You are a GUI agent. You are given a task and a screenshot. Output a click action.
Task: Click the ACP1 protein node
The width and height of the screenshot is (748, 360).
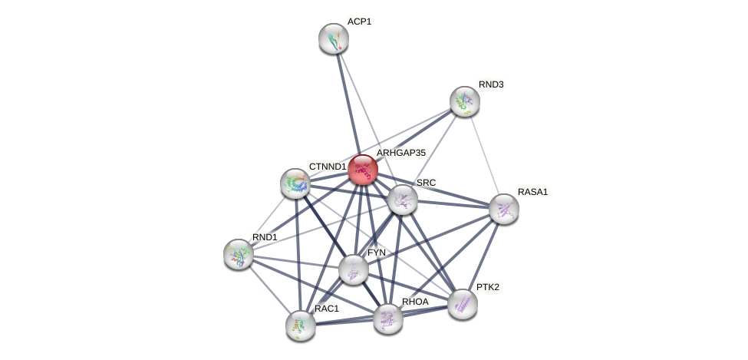(x=334, y=38)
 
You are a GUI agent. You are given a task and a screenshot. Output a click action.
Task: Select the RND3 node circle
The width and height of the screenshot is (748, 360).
(x=464, y=101)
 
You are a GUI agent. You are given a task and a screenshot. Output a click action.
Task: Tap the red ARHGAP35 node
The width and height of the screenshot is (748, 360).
(x=363, y=170)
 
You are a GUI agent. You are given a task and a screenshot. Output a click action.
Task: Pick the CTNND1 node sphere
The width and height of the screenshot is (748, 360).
(x=295, y=183)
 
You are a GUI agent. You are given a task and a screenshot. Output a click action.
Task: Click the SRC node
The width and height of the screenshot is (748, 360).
(x=402, y=200)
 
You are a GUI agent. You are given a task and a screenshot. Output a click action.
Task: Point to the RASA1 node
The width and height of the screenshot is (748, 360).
(x=503, y=208)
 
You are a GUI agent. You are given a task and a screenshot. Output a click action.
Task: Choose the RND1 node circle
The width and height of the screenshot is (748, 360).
(x=238, y=253)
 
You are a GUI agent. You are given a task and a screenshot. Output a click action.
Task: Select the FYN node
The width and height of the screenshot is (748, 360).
(x=353, y=269)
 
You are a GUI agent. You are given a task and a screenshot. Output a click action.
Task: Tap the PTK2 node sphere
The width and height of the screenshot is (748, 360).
(x=462, y=304)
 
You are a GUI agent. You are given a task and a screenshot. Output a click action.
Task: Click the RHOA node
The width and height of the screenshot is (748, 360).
(x=387, y=318)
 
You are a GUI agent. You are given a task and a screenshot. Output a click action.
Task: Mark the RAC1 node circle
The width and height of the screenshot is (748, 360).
(x=300, y=325)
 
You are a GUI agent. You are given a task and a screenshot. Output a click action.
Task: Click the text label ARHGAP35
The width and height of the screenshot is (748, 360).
(x=400, y=153)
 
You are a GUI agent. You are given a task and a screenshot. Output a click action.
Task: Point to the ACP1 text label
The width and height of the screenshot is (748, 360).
(x=359, y=21)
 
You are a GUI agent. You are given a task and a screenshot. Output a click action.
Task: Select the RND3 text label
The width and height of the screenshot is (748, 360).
(x=491, y=84)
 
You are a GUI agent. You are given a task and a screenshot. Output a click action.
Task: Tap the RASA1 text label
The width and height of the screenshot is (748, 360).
(x=532, y=192)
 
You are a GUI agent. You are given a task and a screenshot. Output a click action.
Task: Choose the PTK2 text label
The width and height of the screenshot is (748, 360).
(x=490, y=287)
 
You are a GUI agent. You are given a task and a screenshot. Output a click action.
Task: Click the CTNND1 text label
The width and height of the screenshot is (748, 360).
(x=328, y=167)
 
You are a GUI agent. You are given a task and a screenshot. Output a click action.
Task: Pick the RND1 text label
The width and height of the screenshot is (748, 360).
(x=265, y=237)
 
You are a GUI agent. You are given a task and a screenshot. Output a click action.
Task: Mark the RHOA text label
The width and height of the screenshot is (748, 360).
(x=415, y=302)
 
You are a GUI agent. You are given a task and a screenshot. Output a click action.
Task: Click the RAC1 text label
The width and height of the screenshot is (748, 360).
(x=326, y=309)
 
